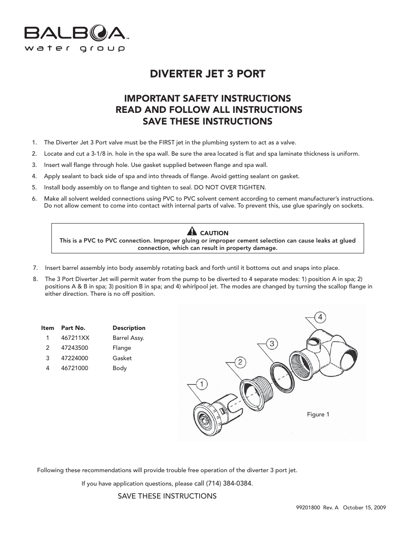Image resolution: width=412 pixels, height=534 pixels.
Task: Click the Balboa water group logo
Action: tap(75, 38)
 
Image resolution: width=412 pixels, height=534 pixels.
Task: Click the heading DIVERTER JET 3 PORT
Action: tap(208, 74)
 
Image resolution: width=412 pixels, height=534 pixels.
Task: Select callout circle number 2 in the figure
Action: tap(241, 362)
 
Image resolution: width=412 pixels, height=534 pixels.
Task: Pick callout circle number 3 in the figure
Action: tap(272, 344)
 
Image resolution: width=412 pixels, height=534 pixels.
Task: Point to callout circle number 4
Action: tap(320, 317)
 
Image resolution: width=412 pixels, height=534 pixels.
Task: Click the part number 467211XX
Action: tap(75, 338)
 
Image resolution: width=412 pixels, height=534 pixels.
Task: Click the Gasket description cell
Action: tap(122, 358)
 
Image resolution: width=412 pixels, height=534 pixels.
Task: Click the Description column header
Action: tap(129, 328)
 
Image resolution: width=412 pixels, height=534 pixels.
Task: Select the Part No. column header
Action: tap(73, 328)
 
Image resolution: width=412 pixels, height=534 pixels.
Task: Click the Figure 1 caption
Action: tap(318, 414)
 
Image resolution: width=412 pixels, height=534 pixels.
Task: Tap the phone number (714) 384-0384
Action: tap(229, 483)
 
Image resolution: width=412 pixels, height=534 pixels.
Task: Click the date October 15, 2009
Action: tap(364, 508)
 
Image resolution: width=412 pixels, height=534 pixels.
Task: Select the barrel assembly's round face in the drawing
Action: tap(203, 416)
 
